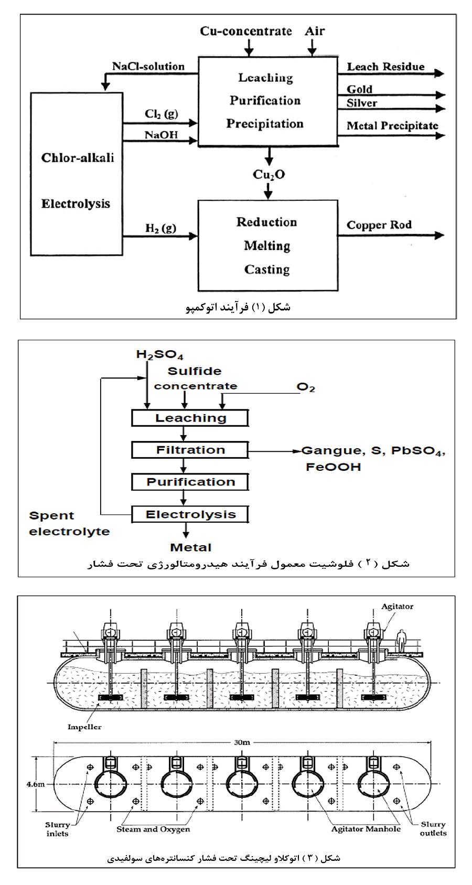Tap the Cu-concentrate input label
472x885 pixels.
(x=245, y=31)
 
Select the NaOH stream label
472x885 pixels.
(x=161, y=135)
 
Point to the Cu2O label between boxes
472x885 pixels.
(x=269, y=175)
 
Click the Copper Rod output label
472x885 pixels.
(x=379, y=225)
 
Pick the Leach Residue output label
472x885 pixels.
(x=385, y=67)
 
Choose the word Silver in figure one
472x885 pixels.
(x=361, y=103)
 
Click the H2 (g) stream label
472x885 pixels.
(x=160, y=228)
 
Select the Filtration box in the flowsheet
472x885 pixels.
(x=190, y=450)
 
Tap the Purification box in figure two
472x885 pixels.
(x=190, y=482)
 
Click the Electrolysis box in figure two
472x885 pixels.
(x=190, y=514)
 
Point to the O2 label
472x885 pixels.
(x=306, y=387)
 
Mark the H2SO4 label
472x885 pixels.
(x=159, y=355)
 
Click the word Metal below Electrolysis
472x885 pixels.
(x=190, y=547)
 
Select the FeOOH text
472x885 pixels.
(x=333, y=467)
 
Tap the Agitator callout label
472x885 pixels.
(x=397, y=607)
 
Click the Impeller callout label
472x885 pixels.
(x=84, y=727)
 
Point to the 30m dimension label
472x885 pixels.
(x=242, y=742)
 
